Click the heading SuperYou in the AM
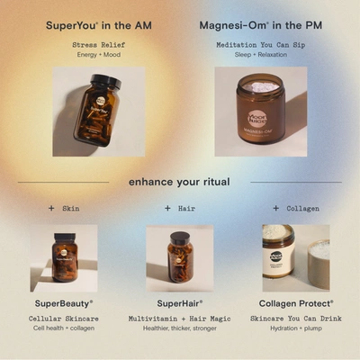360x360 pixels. [97, 25]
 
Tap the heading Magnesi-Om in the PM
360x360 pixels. [260, 25]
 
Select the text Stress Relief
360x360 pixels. [97, 43]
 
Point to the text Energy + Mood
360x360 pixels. [97, 54]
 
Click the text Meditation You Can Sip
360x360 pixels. [260, 43]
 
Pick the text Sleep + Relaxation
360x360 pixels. [260, 54]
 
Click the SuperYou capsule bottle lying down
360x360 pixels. [97, 110]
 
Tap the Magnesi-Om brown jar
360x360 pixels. [260, 112]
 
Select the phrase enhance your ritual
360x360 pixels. [179, 182]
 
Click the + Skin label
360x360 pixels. [64, 208]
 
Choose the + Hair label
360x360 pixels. [180, 208]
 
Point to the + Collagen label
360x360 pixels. [295, 208]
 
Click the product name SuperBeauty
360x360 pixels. [64, 303]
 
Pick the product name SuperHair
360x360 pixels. [180, 303]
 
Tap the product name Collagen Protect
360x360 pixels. [296, 303]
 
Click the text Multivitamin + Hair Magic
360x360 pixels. [180, 318]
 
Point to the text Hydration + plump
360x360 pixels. [296, 328]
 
